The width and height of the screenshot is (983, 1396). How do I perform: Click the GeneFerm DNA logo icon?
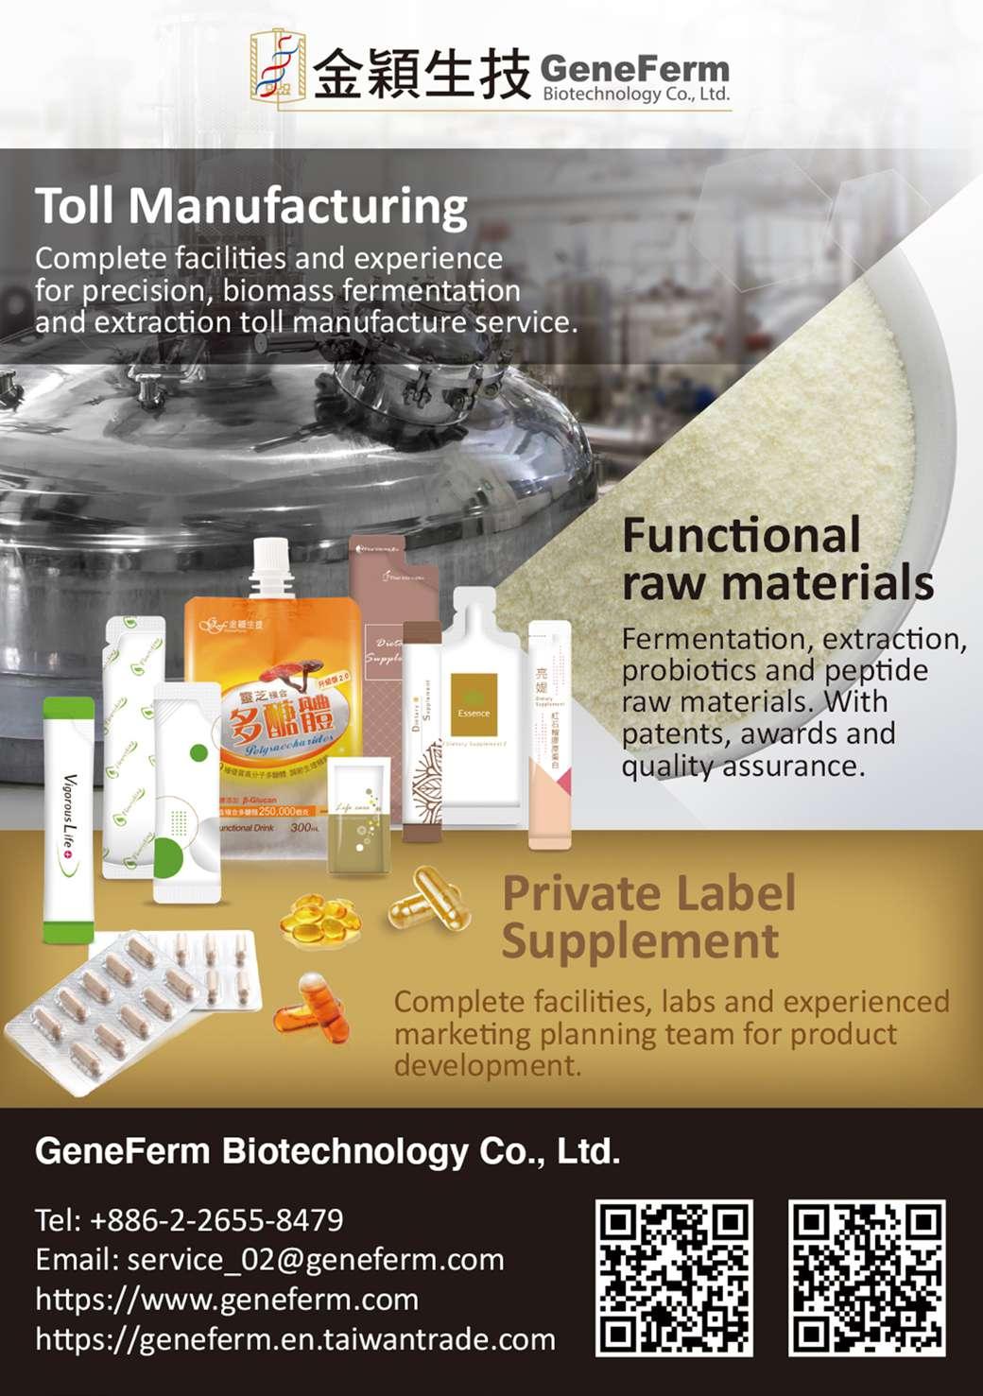pyautogui.click(x=278, y=66)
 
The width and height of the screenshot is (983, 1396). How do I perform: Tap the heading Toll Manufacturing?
pyautogui.click(x=250, y=206)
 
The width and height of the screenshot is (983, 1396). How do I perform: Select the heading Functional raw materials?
pyautogui.click(x=777, y=559)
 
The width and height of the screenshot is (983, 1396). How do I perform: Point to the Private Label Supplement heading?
pyautogui.click(x=648, y=917)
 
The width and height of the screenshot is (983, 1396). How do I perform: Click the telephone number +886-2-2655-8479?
pyautogui.click(x=216, y=1220)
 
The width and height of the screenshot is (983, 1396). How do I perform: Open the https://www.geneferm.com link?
pyautogui.click(x=227, y=1300)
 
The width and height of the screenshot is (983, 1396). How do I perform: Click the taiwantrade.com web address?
pyautogui.click(x=295, y=1339)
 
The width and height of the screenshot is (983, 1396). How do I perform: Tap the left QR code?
pyautogui.click(x=674, y=1278)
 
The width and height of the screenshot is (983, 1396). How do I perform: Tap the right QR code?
pyautogui.click(x=867, y=1278)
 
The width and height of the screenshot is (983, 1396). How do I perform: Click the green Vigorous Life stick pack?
pyautogui.click(x=68, y=819)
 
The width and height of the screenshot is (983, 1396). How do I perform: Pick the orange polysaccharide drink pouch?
pyautogui.click(x=274, y=718)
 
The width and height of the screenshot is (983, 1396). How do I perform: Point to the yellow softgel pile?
pyautogui.click(x=320, y=920)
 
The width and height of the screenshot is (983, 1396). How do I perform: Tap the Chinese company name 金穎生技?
pyautogui.click(x=421, y=74)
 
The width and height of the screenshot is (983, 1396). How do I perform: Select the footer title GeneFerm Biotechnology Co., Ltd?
pyautogui.click(x=327, y=1152)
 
